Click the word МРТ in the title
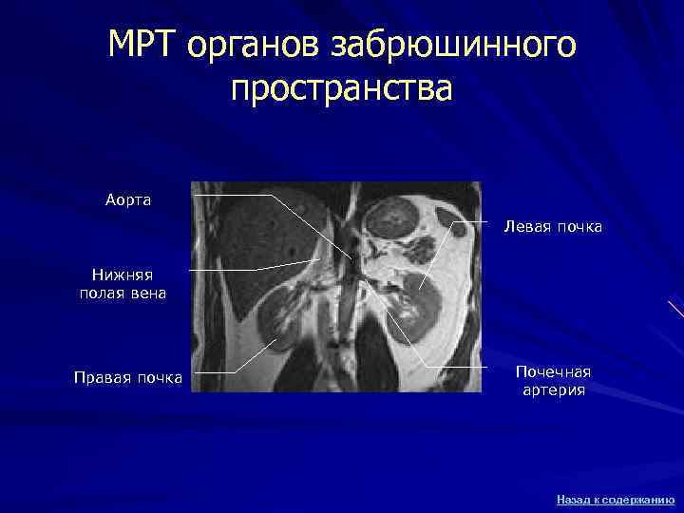(x=143, y=44)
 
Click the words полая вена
(x=123, y=294)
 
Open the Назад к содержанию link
(x=616, y=498)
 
